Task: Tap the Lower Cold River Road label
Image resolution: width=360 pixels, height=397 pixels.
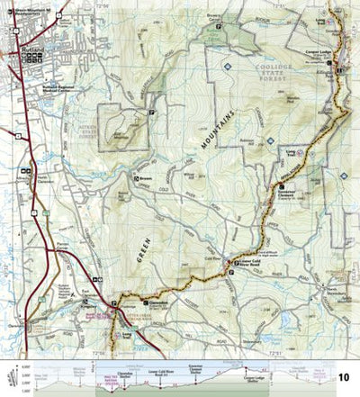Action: pos(249,241)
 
